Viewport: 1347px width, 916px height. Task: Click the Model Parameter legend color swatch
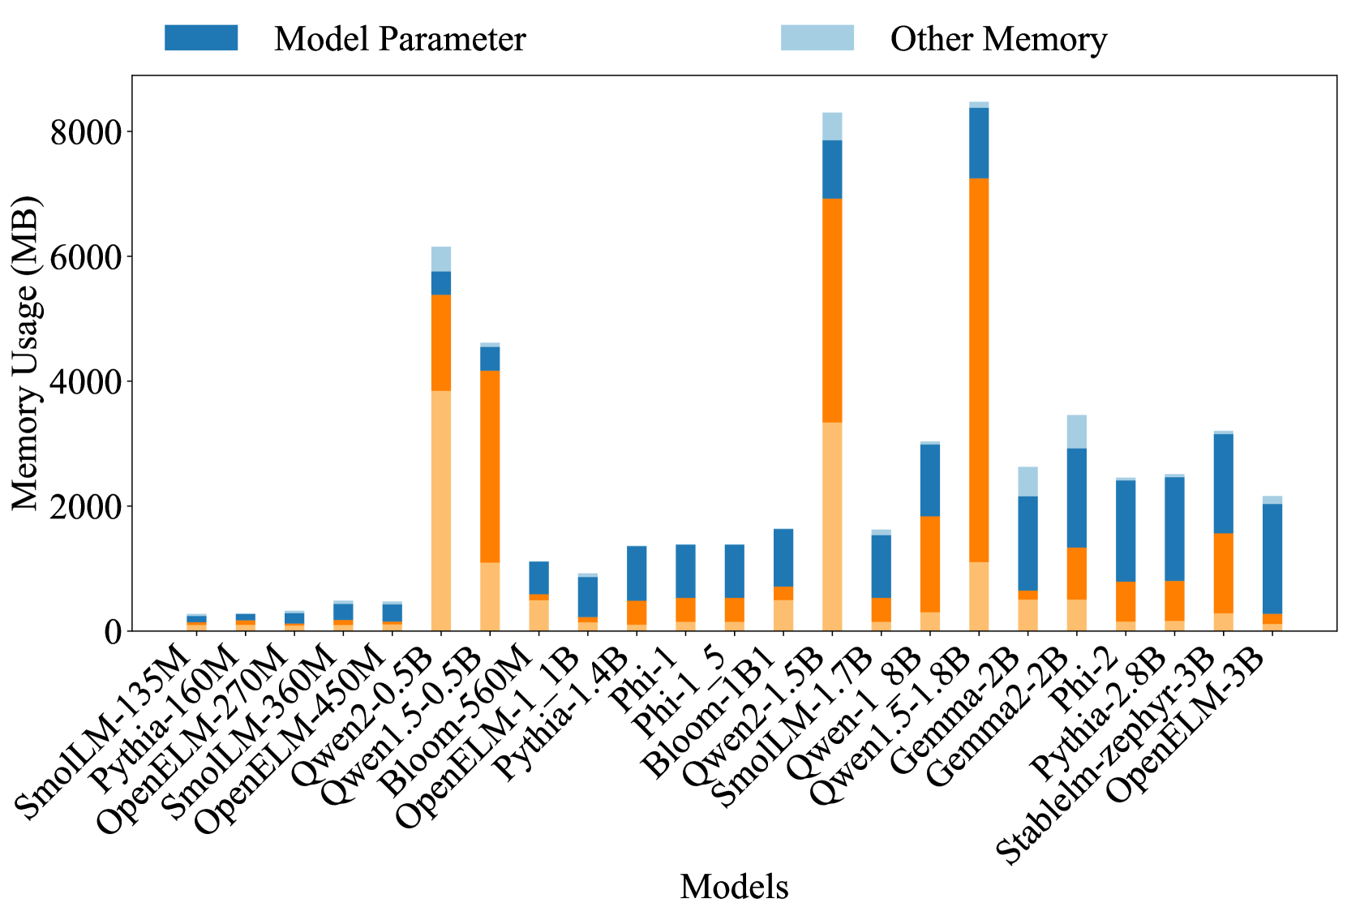tap(200, 38)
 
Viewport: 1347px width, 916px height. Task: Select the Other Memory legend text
tap(998, 39)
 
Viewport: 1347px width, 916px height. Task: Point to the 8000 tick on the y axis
tap(85, 131)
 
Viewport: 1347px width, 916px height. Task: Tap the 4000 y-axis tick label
tap(85, 381)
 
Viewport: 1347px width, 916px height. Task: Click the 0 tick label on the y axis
tap(112, 631)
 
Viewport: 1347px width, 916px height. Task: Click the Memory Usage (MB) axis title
tap(26, 353)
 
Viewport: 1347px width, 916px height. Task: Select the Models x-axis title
tap(734, 887)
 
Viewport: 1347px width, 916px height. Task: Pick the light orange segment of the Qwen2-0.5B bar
tap(441, 511)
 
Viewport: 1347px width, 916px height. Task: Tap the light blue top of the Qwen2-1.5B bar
tap(832, 127)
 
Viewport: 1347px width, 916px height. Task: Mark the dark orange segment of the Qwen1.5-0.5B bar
tap(490, 467)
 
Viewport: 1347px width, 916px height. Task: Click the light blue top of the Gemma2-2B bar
tap(1076, 432)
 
